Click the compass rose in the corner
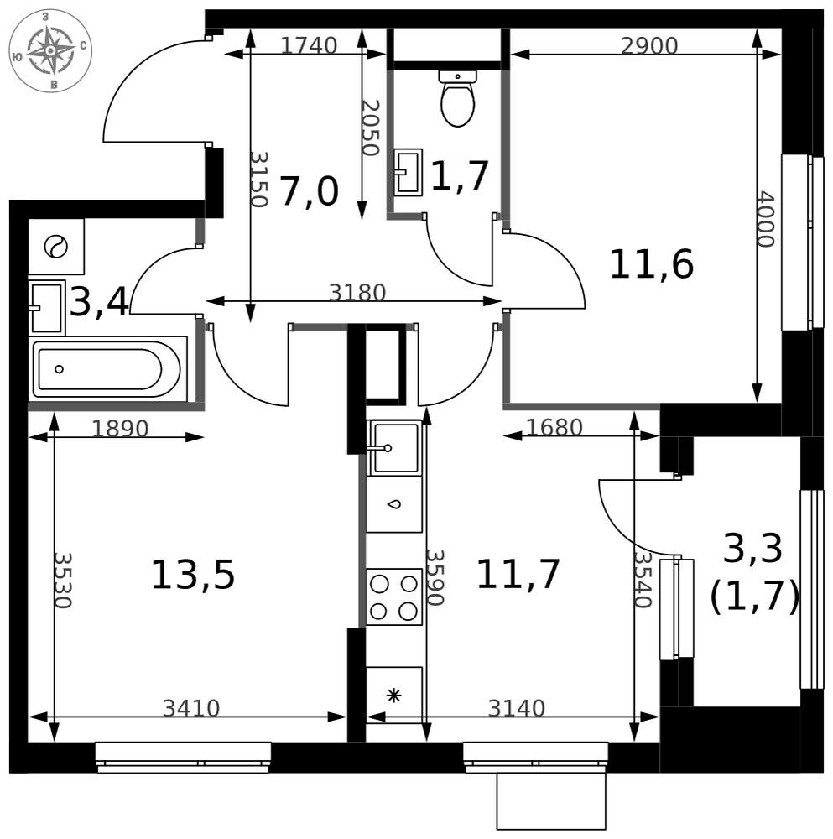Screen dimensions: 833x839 (x=50, y=50)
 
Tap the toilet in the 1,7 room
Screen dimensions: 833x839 (x=457, y=98)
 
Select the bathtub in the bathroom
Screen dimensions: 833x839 (x=107, y=368)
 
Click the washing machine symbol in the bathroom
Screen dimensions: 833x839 (x=56, y=247)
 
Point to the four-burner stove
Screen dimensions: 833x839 (x=394, y=597)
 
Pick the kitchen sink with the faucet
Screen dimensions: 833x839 (x=394, y=447)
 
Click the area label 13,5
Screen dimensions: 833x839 (x=193, y=576)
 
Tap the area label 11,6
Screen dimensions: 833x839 (x=652, y=264)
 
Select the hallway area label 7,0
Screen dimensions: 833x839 (x=310, y=192)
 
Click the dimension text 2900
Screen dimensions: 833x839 (x=649, y=46)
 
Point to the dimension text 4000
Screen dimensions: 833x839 (x=766, y=219)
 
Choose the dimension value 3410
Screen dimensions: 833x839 (x=191, y=708)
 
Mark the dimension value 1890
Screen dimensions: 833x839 (x=120, y=429)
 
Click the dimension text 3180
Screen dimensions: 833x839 (x=357, y=293)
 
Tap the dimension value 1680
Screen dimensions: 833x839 (x=554, y=428)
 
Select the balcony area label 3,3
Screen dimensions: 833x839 (x=752, y=549)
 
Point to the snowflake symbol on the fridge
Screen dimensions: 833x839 (x=393, y=696)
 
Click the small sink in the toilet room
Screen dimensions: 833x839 (x=409, y=171)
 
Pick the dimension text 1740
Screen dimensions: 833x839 (x=309, y=45)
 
